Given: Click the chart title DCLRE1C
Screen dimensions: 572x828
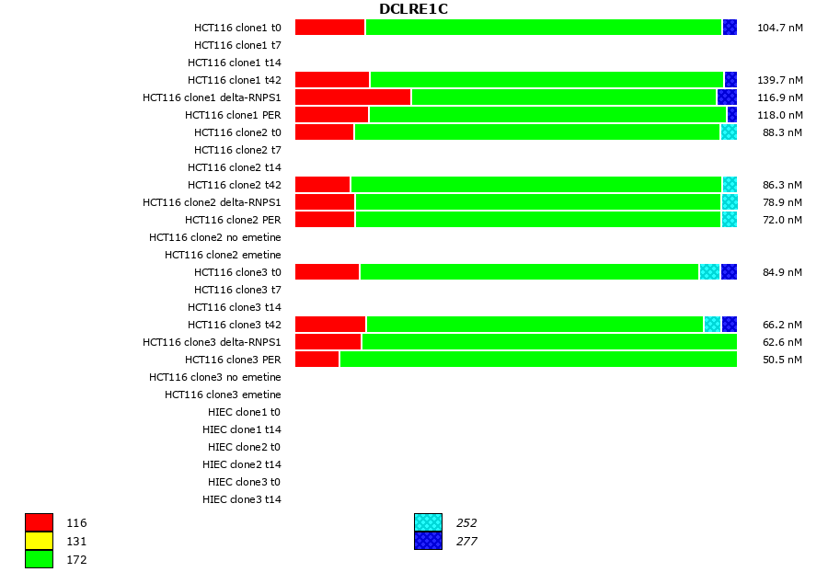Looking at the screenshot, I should coord(413,9).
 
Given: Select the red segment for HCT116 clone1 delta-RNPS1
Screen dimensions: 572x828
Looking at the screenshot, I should coord(352,97).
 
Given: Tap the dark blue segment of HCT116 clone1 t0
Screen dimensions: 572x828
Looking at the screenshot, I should coord(730,28).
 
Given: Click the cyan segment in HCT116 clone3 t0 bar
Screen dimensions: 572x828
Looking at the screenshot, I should coord(709,272).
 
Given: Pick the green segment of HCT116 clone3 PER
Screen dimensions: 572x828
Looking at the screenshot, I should coord(538,360).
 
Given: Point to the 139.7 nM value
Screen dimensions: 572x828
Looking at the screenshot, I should coord(779,80).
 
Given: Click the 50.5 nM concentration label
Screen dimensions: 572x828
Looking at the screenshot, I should coord(782,360).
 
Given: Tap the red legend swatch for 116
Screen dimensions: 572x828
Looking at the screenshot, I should coord(39,523).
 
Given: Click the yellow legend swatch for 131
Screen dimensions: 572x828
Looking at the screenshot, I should coord(39,541).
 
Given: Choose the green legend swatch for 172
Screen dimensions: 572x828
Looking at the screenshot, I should coord(39,559).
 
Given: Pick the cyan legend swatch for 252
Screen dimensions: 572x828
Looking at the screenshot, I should coord(428,523).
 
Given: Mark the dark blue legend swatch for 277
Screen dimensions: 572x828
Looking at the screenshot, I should coord(428,541).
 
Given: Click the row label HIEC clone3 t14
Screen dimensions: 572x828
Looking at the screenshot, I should coord(242,499).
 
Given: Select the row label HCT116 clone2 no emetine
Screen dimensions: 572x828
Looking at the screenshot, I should coord(215,237).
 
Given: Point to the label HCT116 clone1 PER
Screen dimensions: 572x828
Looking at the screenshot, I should coord(233,115).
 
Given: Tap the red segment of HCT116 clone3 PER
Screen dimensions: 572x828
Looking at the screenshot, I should coord(317,360).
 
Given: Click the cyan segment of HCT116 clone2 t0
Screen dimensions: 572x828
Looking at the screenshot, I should coord(729,132).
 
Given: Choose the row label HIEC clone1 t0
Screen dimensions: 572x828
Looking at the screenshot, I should coord(245,412).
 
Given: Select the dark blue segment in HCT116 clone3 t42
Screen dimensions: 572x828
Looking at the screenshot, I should coord(730,325).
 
